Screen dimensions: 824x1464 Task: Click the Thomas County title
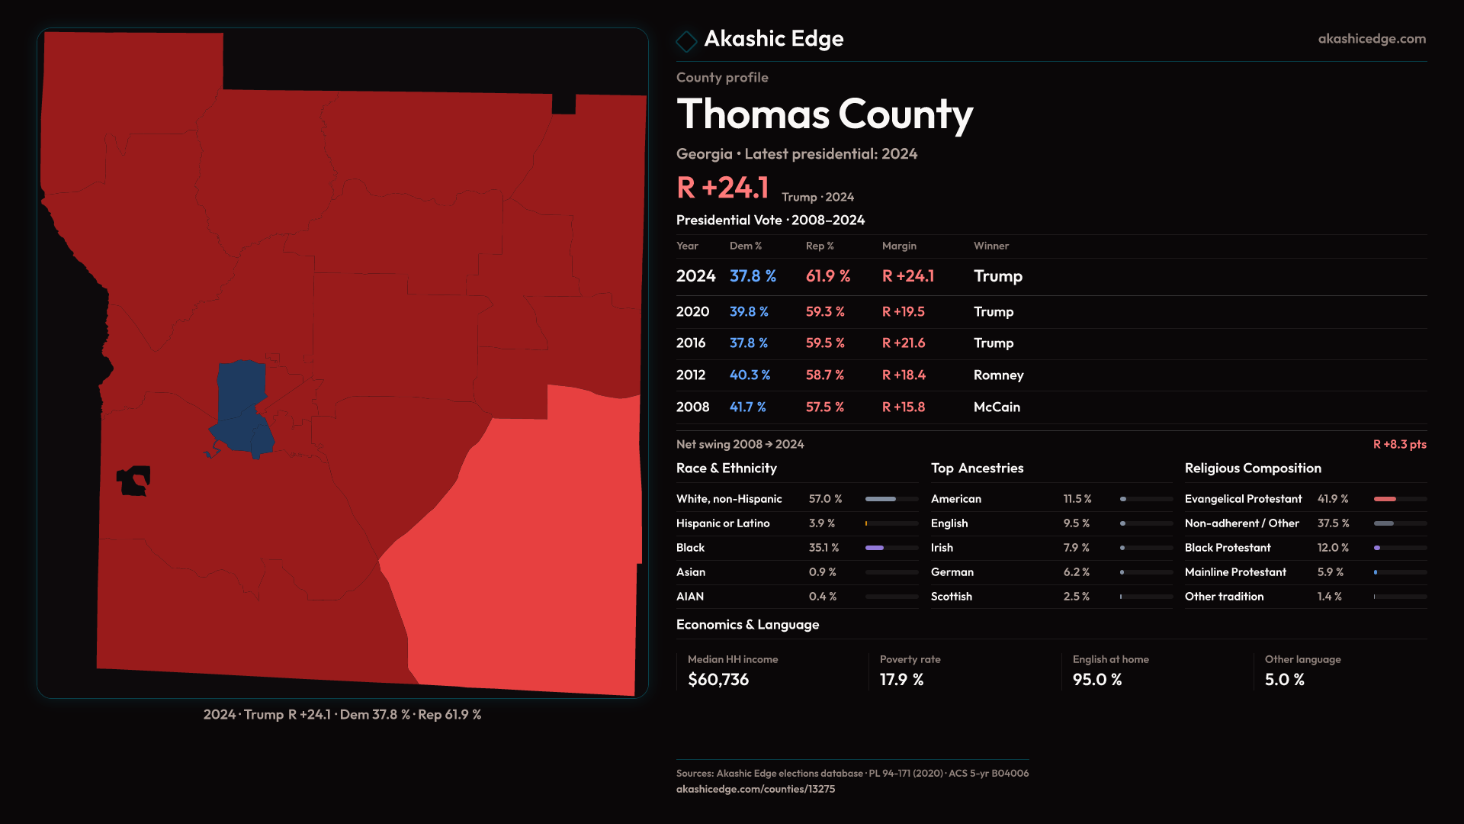click(824, 114)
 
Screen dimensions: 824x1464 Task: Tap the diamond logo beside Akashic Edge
click(686, 41)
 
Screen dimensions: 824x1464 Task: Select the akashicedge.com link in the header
click(1371, 39)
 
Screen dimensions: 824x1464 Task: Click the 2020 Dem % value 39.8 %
click(749, 312)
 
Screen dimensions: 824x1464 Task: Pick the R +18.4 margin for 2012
click(904, 375)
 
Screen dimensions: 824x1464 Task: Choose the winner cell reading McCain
click(997, 407)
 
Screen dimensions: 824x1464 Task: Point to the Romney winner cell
click(998, 375)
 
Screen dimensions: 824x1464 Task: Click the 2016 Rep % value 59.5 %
click(825, 343)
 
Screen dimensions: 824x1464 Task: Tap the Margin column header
click(899, 246)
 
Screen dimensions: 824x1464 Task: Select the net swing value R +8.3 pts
click(1399, 444)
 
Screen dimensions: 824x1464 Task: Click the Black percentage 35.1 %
click(823, 548)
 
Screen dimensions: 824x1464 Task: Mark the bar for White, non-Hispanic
click(881, 499)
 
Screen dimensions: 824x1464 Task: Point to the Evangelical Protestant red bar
click(1385, 499)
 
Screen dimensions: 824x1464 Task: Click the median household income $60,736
click(718, 680)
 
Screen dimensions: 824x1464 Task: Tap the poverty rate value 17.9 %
click(901, 680)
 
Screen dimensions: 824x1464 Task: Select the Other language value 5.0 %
click(1284, 680)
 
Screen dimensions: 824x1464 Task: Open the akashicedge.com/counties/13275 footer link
click(755, 789)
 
